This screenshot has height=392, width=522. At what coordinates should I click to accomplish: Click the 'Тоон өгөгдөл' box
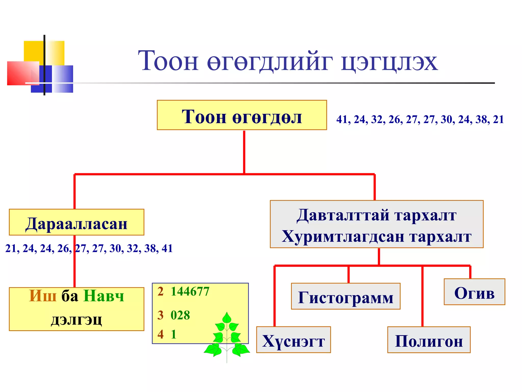pyautogui.click(x=242, y=115)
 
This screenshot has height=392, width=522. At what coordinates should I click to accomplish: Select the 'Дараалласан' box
pyautogui.click(x=76, y=222)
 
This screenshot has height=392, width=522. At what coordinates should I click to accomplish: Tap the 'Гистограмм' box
pyautogui.click(x=346, y=296)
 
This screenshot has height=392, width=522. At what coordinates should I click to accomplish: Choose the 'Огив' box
pyautogui.click(x=474, y=292)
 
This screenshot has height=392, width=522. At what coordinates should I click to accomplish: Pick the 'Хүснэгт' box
pyautogui.click(x=293, y=340)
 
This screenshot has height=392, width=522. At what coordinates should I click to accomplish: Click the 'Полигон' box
pyautogui.click(x=429, y=340)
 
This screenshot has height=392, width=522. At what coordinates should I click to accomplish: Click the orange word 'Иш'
pyautogui.click(x=43, y=296)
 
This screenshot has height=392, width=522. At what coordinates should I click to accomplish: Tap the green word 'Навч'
pyautogui.click(x=104, y=296)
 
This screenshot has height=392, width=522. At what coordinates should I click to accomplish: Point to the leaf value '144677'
pyautogui.click(x=190, y=291)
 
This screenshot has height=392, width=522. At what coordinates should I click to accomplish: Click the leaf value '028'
pyautogui.click(x=180, y=315)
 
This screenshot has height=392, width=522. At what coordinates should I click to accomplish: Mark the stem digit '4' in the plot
pyautogui.click(x=160, y=334)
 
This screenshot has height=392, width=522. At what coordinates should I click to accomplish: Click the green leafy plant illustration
pyautogui.click(x=227, y=337)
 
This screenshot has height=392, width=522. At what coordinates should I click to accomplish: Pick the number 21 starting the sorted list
pyautogui.click(x=11, y=248)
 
